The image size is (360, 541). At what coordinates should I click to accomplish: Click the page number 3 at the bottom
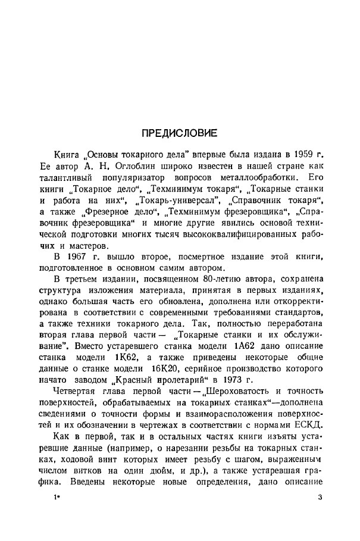click(x=320, y=520)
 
